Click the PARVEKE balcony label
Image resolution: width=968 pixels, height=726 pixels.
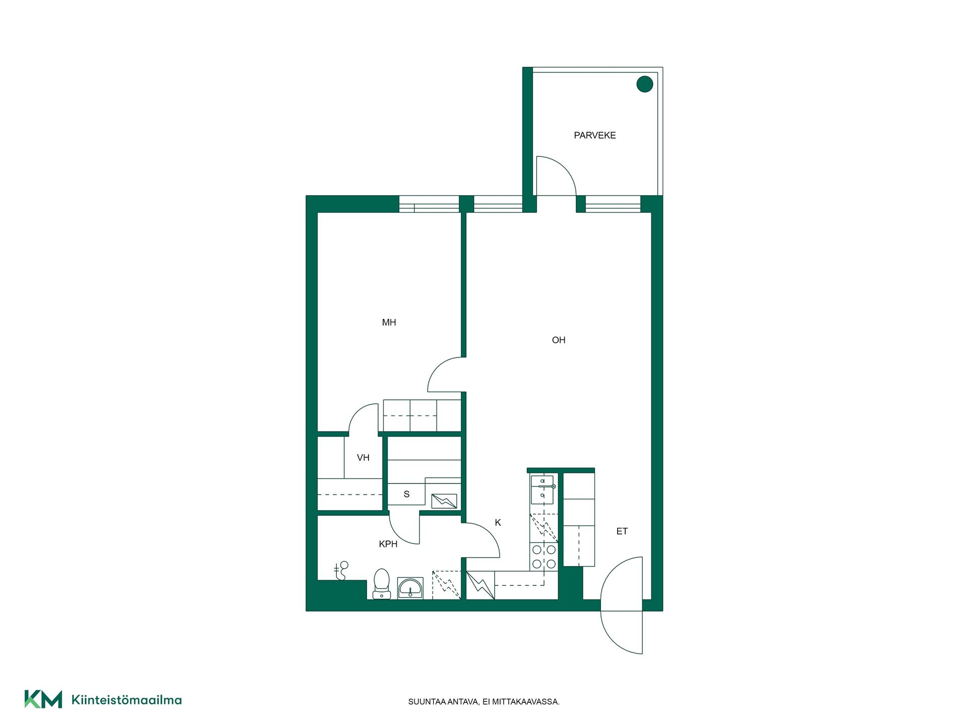pos(595,135)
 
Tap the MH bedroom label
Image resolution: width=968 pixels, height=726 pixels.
pos(389,322)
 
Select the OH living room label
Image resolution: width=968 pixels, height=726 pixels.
pos(559,340)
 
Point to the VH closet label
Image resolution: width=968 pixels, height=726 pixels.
pos(363,457)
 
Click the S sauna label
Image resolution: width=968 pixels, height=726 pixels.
pos(406,494)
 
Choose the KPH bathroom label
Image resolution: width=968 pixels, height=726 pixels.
pos(388,544)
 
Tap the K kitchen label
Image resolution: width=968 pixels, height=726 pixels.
pos(498,522)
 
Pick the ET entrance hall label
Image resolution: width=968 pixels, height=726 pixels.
pos(622,531)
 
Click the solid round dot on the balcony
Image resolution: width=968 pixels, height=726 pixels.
pos(645,84)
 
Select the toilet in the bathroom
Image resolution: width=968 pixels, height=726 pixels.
pos(382,584)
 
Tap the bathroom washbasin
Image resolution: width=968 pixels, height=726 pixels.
pos(410,588)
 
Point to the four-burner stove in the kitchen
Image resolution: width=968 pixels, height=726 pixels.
pos(544,557)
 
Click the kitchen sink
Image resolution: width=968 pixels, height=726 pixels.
pos(542,489)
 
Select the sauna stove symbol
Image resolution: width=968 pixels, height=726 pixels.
pos(444,501)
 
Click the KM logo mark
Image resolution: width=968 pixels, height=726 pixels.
pos(43,699)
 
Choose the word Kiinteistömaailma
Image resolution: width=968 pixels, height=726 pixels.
pos(127,700)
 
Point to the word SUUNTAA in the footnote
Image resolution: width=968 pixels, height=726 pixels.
pos(425,702)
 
